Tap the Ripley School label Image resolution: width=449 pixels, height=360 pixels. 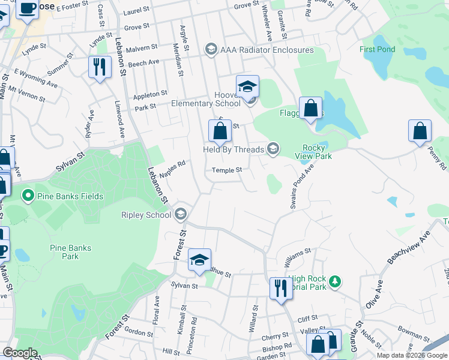(x=146, y=215)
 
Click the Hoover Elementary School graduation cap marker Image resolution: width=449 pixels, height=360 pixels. (x=247, y=87)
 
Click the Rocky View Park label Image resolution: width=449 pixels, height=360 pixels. (x=314, y=152)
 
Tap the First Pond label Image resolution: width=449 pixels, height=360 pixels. (x=377, y=49)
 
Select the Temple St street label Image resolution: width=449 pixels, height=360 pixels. (x=226, y=170)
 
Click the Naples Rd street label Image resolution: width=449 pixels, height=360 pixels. (x=173, y=164)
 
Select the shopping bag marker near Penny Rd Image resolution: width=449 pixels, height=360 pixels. (x=420, y=131)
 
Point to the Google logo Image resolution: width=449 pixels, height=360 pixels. (x=20, y=353)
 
